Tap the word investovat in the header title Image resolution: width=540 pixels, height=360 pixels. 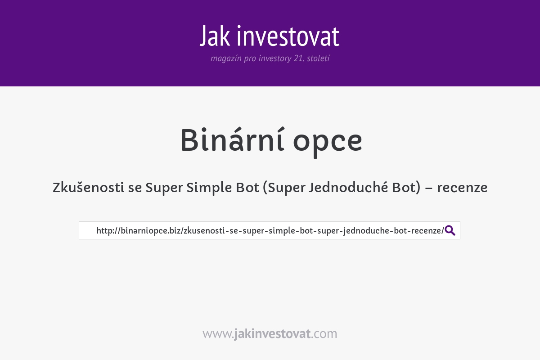[288, 37]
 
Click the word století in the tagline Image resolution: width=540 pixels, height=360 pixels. [318, 58]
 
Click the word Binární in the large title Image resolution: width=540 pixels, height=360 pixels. [233, 141]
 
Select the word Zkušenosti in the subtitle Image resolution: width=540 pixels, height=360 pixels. [89, 187]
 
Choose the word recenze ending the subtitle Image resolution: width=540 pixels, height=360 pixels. [462, 187]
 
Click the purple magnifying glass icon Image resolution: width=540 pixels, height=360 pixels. [450, 230]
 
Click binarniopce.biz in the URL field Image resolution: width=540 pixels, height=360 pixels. [150, 230]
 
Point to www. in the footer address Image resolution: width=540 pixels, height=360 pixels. [218, 334]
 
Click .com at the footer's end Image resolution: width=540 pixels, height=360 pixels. [324, 334]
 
